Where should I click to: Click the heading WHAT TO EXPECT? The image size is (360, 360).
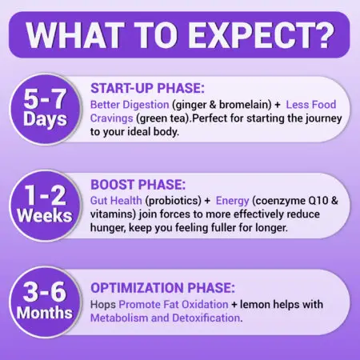180,35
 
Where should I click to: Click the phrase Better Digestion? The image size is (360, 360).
129,105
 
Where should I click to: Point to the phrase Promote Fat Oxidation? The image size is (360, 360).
167,304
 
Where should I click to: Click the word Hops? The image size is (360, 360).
103,304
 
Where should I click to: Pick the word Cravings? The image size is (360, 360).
114,119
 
